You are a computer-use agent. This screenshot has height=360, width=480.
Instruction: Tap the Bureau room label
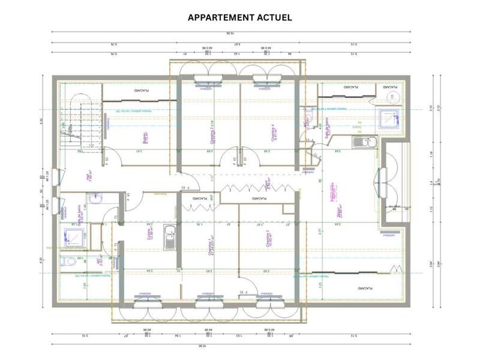pyautogui.click(x=145, y=137)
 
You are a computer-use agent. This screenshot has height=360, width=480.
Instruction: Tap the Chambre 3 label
pyautogui.click(x=268, y=240)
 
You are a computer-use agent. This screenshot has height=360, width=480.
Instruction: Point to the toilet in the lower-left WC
pyautogui.click(x=68, y=262)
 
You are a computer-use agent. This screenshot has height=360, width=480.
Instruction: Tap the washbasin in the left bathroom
pyautogui.click(x=95, y=198)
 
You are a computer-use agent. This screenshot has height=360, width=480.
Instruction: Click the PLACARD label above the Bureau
pyautogui.click(x=142, y=90)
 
